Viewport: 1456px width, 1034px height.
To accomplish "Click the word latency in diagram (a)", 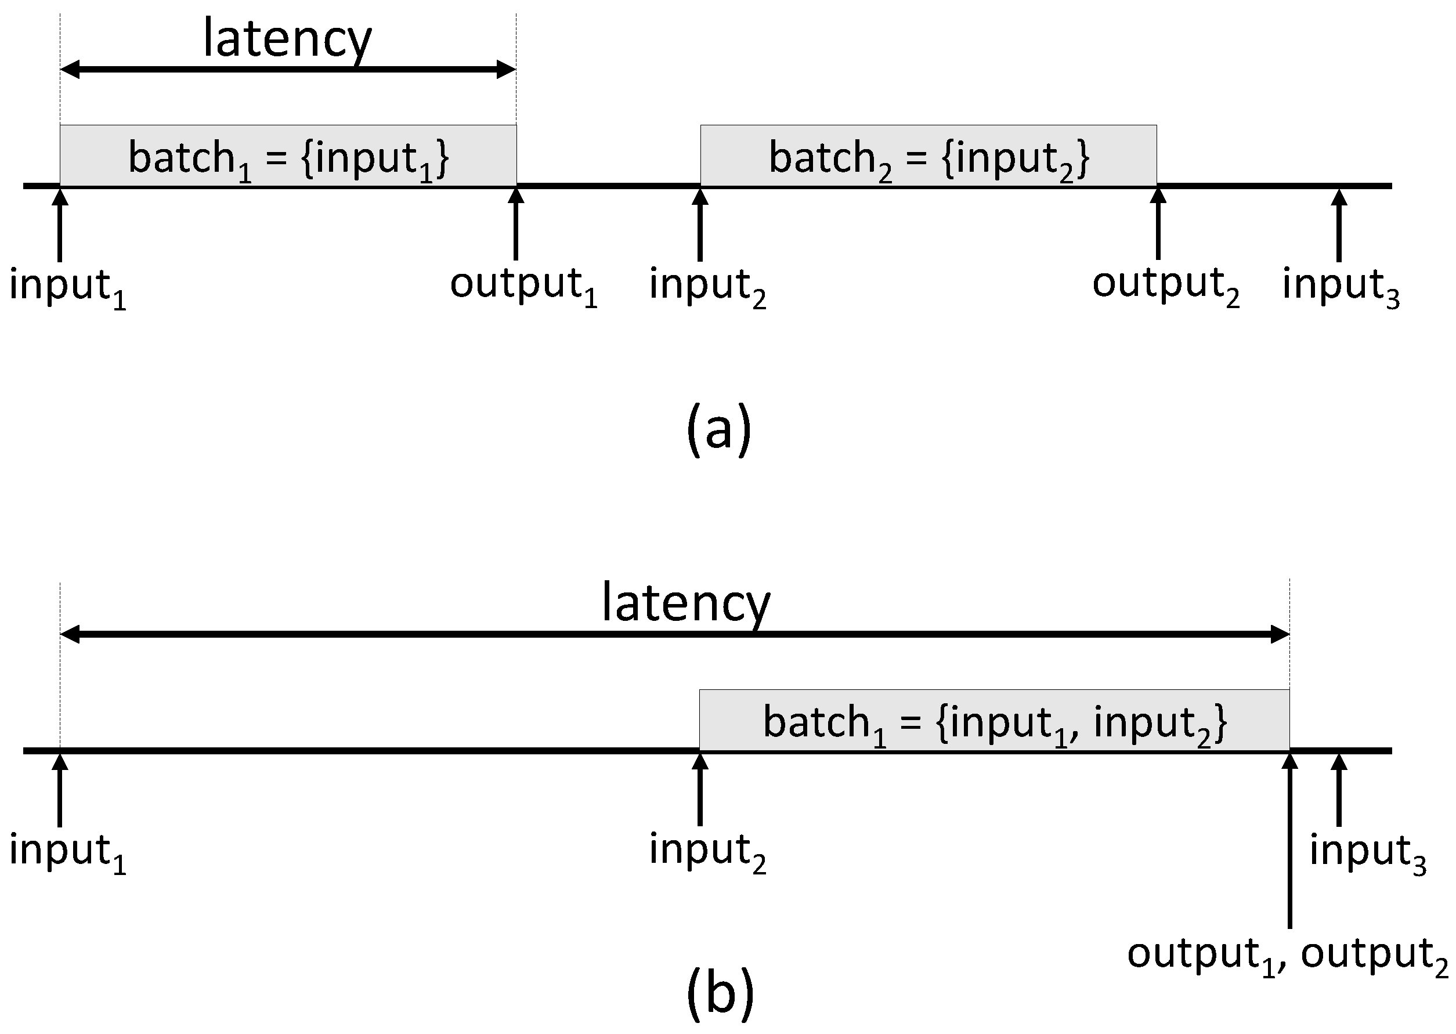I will [287, 39].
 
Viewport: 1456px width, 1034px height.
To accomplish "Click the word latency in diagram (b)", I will [686, 603].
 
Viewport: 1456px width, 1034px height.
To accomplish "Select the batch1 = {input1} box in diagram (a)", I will [288, 156].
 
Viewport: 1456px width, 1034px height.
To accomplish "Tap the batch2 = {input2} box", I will [928, 156].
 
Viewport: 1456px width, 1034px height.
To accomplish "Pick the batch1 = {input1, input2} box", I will [994, 721].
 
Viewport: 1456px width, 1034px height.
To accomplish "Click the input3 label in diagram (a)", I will [1341, 286].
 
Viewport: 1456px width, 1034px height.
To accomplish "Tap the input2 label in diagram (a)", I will [707, 286].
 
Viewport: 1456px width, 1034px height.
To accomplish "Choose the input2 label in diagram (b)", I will [707, 852].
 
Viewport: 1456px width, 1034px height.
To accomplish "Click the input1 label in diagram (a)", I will [67, 286].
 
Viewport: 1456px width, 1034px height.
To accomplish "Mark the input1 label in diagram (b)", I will [67, 852].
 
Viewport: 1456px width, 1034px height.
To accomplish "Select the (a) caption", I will [720, 430].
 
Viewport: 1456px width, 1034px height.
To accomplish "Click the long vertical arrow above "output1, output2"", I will [1289, 840].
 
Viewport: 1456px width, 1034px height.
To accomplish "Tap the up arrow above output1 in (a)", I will [516, 223].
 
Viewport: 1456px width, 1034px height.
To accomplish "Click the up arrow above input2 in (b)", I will [700, 790].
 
